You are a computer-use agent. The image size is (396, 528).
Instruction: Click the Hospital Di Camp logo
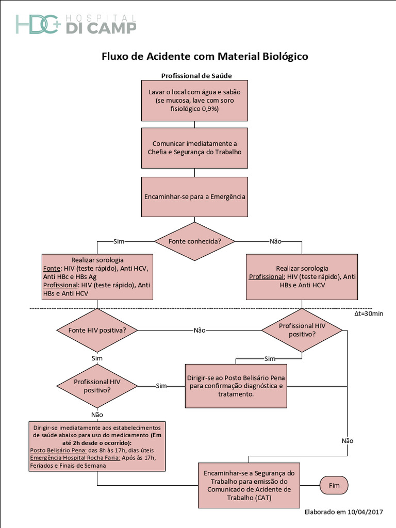(x=76, y=24)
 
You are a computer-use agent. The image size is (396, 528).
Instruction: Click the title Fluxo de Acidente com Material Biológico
(x=204, y=56)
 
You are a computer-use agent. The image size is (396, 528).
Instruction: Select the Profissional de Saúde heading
(x=196, y=75)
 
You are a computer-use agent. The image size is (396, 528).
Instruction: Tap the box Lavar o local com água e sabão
(x=194, y=101)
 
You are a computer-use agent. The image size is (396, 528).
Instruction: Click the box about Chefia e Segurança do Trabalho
(x=194, y=148)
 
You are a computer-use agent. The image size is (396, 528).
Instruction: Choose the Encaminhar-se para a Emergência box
(x=194, y=196)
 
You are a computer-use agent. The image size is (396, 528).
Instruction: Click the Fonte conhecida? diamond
(x=194, y=241)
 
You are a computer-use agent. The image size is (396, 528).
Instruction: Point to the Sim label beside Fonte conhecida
(x=118, y=241)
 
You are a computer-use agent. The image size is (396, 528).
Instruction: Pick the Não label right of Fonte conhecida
(x=275, y=241)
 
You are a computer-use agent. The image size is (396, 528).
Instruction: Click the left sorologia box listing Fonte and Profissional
(x=97, y=277)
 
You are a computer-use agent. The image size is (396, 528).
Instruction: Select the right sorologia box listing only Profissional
(x=302, y=277)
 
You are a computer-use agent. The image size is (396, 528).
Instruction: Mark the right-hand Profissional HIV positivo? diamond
(x=302, y=330)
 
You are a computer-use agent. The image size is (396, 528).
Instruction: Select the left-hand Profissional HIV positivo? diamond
(x=97, y=386)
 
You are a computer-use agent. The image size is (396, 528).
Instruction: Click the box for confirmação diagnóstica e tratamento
(x=236, y=386)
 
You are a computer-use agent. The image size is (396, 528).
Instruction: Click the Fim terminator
(x=334, y=485)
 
